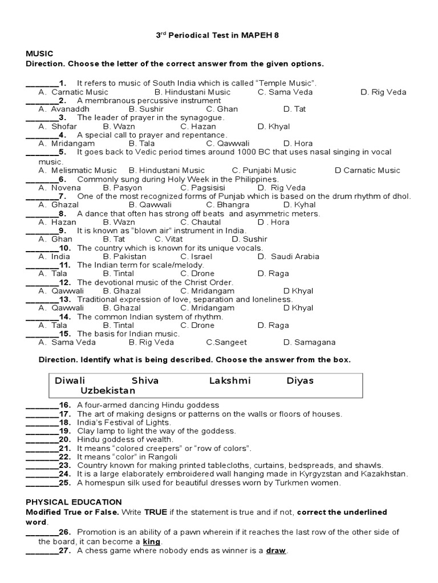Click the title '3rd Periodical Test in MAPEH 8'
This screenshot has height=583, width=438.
click(x=219, y=35)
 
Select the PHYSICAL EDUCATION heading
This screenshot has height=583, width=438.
click(x=74, y=502)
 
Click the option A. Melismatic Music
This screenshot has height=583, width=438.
click(x=78, y=170)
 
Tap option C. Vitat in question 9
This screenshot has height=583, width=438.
click(x=197, y=239)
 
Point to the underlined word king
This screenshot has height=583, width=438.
click(x=152, y=541)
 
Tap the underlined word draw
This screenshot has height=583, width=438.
click(x=277, y=551)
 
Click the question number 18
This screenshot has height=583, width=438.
click(x=64, y=422)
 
